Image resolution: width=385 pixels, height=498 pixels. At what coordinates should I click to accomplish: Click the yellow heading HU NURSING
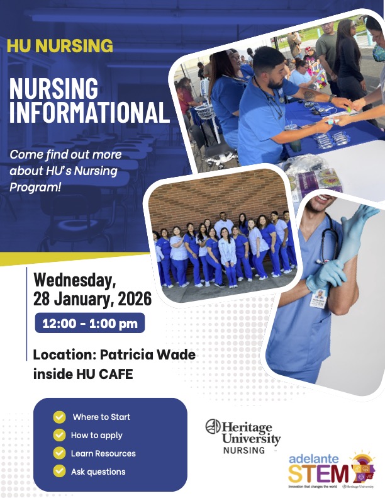click(60, 45)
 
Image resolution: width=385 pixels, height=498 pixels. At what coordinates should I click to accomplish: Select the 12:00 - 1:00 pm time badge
click(89, 324)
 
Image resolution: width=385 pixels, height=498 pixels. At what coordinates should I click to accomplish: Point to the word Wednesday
click(74, 279)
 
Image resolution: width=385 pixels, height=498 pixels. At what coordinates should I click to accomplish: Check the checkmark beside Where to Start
click(60, 417)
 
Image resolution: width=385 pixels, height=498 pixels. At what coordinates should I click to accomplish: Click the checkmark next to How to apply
click(60, 435)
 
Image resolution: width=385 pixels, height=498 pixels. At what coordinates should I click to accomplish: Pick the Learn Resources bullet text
click(103, 453)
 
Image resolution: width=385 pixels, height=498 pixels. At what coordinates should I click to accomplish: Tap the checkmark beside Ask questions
click(60, 471)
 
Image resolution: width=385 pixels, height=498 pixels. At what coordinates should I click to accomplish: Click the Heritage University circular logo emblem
click(213, 427)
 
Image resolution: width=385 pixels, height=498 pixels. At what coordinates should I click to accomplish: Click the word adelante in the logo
click(316, 457)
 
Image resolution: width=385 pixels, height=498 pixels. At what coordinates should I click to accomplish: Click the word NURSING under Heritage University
click(244, 451)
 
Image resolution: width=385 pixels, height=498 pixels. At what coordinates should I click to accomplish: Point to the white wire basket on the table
click(204, 111)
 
